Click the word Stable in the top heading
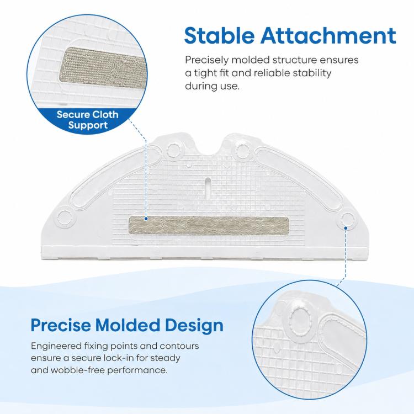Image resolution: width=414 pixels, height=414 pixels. (x=219, y=35)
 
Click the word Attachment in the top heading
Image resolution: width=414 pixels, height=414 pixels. (x=328, y=35)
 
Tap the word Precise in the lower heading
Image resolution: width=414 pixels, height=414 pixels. (x=61, y=325)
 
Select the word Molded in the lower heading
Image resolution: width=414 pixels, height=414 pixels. (x=128, y=325)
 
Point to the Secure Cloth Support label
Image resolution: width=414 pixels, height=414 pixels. (x=87, y=120)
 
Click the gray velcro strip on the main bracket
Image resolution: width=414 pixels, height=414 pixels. (x=209, y=225)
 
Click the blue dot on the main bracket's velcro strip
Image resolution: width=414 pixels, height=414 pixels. (x=146, y=219)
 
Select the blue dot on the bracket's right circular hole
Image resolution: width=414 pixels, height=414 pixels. (x=346, y=228)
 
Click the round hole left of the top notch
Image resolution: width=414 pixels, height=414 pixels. (x=174, y=151)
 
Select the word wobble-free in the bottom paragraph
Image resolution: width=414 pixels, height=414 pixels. (x=78, y=370)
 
